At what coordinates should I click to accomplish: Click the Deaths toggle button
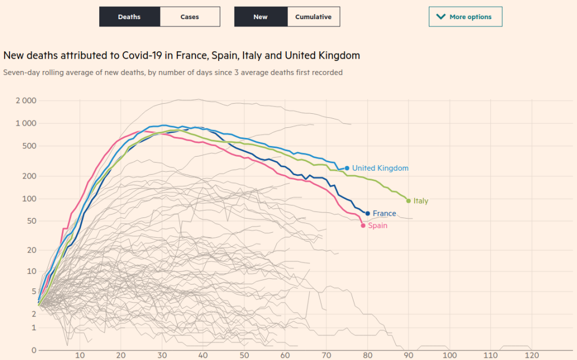tap(130, 17)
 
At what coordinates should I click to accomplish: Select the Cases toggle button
tap(190, 17)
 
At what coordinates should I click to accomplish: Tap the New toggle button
tap(260, 17)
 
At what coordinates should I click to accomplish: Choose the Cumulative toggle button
tap(313, 17)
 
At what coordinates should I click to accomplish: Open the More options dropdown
tap(465, 17)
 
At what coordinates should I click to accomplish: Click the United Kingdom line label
tap(380, 168)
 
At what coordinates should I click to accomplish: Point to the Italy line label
tap(421, 201)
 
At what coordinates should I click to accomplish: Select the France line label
tap(384, 214)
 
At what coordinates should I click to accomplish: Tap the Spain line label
tap(378, 226)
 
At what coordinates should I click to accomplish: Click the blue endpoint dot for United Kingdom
tap(347, 168)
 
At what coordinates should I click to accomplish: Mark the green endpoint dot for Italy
tap(409, 201)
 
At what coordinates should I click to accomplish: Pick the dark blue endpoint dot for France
tap(368, 214)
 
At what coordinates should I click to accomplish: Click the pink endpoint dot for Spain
tap(363, 225)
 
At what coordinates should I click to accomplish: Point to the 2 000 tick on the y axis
tap(26, 101)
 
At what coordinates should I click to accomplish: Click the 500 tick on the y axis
tap(29, 146)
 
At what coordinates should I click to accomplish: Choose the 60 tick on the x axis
tap(286, 355)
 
